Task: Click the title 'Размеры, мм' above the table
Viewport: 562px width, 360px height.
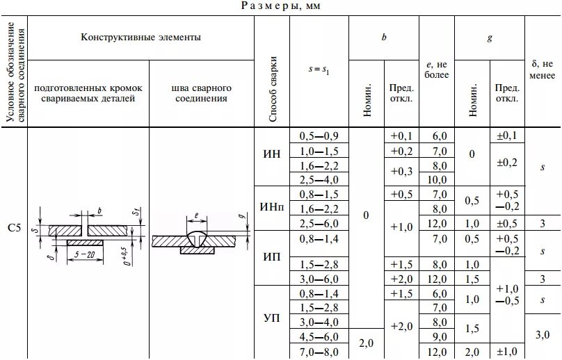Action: [282, 6]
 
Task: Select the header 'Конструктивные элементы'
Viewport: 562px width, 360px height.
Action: [141, 38]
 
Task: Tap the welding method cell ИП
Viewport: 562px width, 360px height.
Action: [272, 256]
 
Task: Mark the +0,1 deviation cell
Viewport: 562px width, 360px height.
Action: [401, 136]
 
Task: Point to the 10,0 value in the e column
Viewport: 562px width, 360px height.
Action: [438, 179]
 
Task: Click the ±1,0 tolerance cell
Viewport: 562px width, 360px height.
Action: [508, 352]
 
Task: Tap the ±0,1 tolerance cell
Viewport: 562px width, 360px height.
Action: [508, 136]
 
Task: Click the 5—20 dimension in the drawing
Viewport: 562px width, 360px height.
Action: [86, 254]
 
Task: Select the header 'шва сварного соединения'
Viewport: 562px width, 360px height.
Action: [201, 94]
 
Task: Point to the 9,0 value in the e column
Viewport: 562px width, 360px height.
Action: [438, 337]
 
